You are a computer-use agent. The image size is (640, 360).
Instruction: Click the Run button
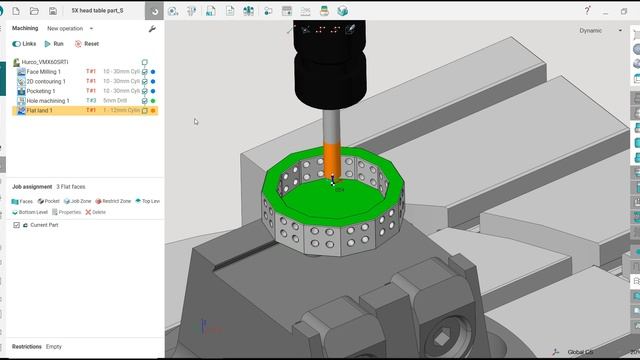point(54,44)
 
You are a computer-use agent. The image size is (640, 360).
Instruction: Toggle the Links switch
point(17,44)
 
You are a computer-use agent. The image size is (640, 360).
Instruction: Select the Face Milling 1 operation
point(44,72)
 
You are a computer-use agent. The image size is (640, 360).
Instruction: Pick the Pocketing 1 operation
point(42,91)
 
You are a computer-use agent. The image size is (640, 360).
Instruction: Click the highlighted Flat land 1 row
point(40,110)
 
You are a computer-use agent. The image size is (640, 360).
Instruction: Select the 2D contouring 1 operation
point(46,81)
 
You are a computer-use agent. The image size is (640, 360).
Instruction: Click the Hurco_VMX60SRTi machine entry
point(46,62)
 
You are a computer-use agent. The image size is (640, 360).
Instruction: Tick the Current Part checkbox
point(16,225)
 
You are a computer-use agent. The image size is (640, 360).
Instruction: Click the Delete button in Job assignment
point(96,212)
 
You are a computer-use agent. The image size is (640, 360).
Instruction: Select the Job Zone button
point(79,201)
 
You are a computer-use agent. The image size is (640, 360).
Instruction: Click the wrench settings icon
point(152,29)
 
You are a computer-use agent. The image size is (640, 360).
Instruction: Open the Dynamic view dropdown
point(594,30)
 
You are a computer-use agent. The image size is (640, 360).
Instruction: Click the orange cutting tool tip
point(332,165)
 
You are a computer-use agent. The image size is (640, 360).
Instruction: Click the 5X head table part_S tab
point(105,11)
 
